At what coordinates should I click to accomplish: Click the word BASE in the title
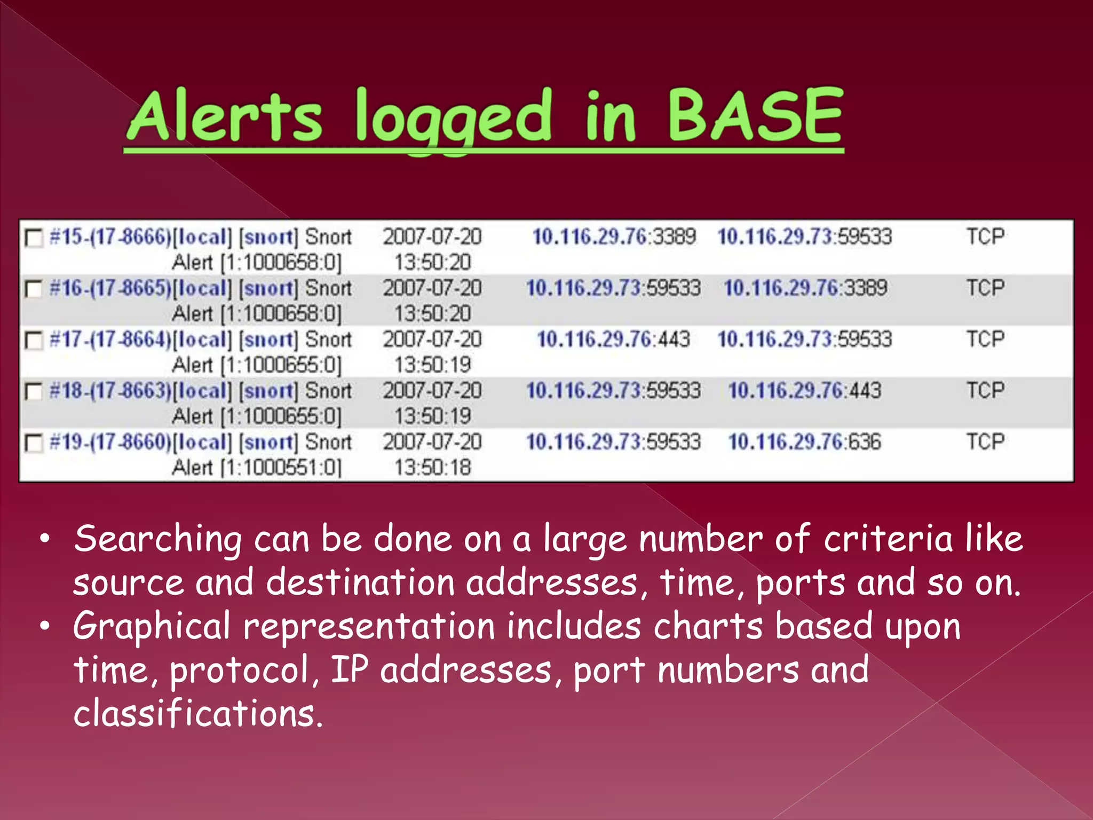pyautogui.click(x=755, y=116)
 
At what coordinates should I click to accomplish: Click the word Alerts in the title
pyautogui.click(x=225, y=116)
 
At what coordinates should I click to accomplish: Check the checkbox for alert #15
pyautogui.click(x=34, y=238)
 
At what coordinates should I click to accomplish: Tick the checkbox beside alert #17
pyautogui.click(x=34, y=341)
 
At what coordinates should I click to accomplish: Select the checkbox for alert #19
pyautogui.click(x=34, y=443)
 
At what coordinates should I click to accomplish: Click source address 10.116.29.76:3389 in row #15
pyautogui.click(x=614, y=236)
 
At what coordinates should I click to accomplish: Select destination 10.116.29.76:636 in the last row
pyautogui.click(x=804, y=442)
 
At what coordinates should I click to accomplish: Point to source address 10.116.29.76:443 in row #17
pyautogui.click(x=613, y=340)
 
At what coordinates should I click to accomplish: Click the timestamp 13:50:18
pyautogui.click(x=432, y=468)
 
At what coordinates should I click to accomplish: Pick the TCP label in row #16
pyautogui.click(x=985, y=288)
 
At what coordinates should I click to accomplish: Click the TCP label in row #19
pyautogui.click(x=985, y=442)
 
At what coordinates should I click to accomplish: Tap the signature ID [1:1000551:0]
pyautogui.click(x=281, y=468)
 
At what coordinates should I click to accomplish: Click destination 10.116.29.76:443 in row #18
pyautogui.click(x=804, y=391)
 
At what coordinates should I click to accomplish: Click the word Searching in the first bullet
pyautogui.click(x=158, y=539)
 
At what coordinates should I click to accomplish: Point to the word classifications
pyautogui.click(x=198, y=714)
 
